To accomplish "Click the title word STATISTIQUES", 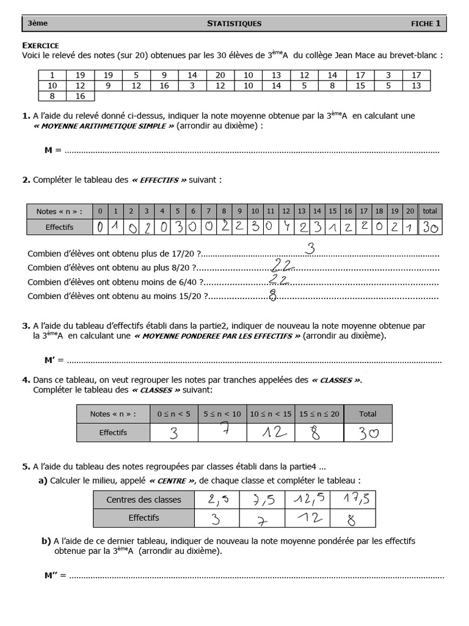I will click(x=234, y=24).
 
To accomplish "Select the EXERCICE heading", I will click(x=40, y=45).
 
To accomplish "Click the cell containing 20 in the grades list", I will click(x=220, y=75).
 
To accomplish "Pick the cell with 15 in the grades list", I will click(x=360, y=86).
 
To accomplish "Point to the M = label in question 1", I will click(x=53, y=150).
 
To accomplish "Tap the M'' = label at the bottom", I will click(x=56, y=575).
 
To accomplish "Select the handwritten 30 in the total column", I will click(x=430, y=227).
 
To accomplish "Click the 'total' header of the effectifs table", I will click(x=430, y=211).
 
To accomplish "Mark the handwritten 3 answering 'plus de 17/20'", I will click(x=310, y=249).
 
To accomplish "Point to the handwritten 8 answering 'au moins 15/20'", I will click(x=273, y=295).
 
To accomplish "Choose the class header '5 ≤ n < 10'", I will click(x=222, y=414).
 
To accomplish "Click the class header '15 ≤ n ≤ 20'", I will click(x=319, y=414).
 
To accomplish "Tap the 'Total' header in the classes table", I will click(x=368, y=414).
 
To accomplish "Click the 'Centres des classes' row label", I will click(x=144, y=499).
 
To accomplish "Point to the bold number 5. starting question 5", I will click(x=26, y=466).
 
